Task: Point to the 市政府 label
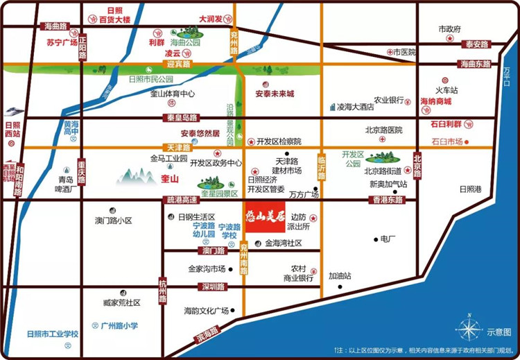[x=449, y=29]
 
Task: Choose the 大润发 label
[x=210, y=19]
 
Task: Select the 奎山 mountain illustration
[x=136, y=175]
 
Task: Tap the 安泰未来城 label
[x=275, y=94]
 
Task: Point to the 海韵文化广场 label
[x=206, y=310]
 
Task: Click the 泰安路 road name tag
[x=477, y=44]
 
